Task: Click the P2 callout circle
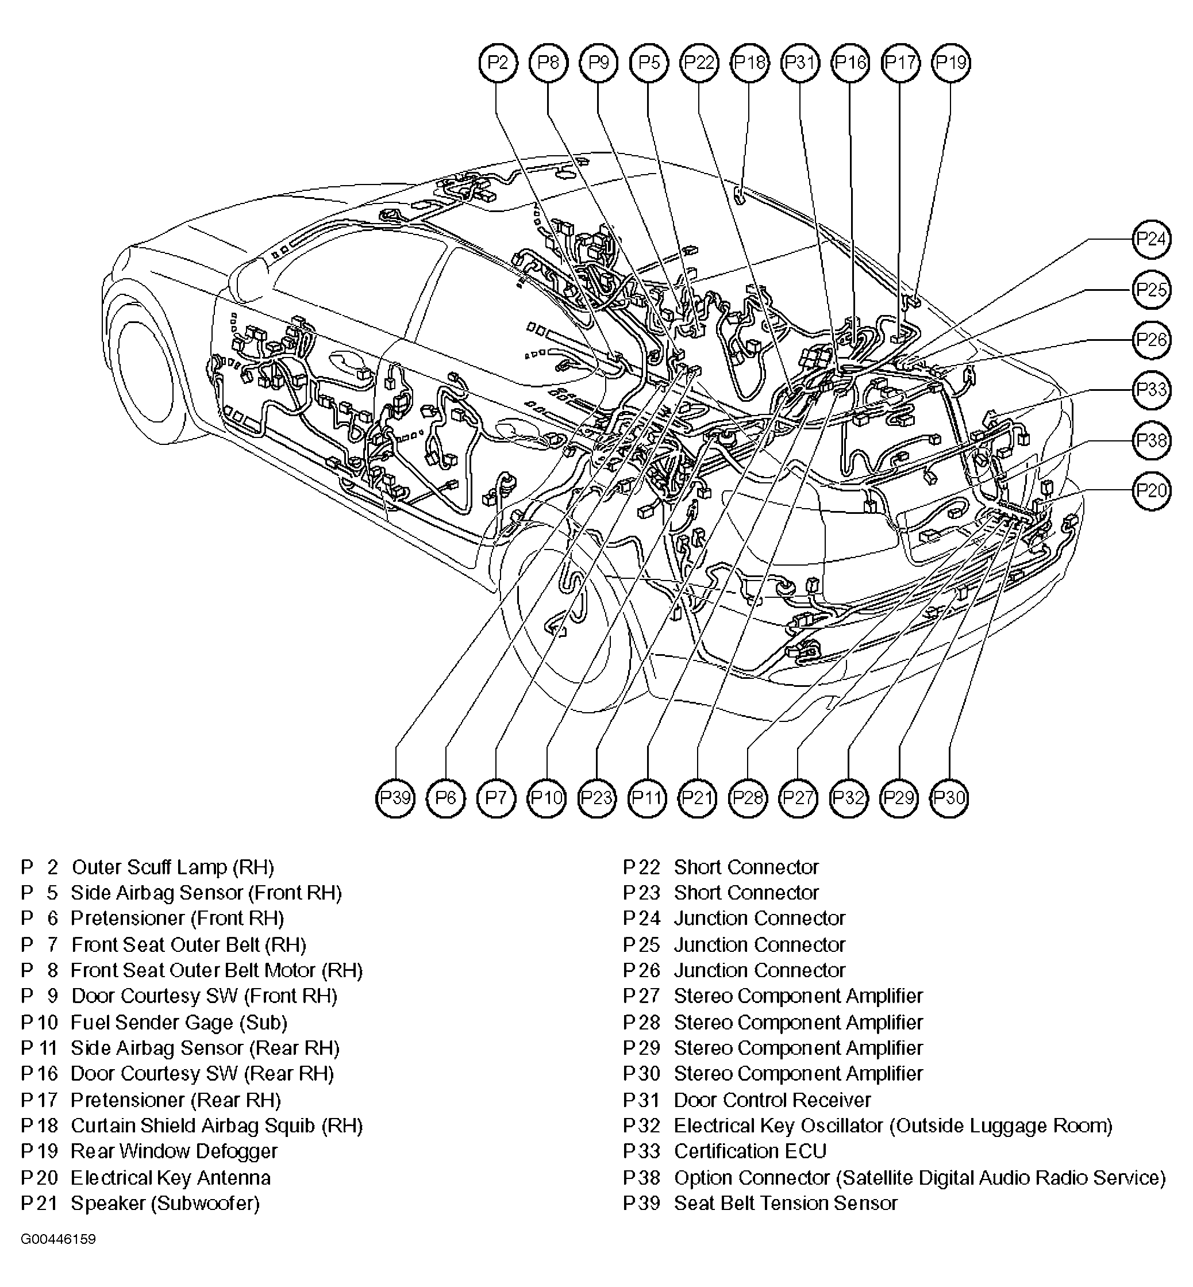point(498,63)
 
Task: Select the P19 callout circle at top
point(951,63)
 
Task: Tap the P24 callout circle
point(1152,240)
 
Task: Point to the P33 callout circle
point(1152,390)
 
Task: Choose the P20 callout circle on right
point(1152,491)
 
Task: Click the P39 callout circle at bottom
point(395,798)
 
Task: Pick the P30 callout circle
point(949,798)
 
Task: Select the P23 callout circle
point(596,798)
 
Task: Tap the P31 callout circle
point(800,63)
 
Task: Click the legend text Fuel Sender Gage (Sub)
point(178,1022)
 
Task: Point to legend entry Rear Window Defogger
point(174,1151)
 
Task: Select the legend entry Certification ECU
point(749,1151)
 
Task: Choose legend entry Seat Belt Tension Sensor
point(785,1203)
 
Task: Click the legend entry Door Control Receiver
point(772,1100)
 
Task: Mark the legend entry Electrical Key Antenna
point(171,1177)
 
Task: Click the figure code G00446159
point(58,1239)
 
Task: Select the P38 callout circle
point(1152,440)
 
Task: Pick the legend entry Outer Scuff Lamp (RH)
point(172,867)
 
